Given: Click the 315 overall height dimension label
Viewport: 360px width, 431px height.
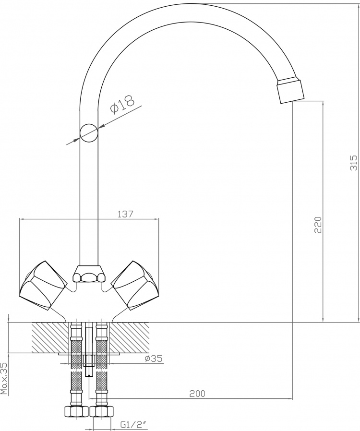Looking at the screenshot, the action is [x=354, y=163].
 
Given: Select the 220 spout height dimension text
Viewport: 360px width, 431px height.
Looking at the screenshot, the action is [x=318, y=225].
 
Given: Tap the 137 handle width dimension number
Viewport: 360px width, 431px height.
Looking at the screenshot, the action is [x=125, y=214].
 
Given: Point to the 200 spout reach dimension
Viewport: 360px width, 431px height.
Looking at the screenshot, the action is [x=197, y=394].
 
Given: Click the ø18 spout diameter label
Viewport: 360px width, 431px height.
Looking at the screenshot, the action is [x=122, y=104].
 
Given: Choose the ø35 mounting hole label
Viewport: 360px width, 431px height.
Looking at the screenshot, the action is [x=153, y=359].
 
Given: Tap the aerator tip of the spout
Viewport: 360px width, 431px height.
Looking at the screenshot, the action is [x=291, y=91].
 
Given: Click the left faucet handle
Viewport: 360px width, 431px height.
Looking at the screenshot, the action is [x=43, y=286].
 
